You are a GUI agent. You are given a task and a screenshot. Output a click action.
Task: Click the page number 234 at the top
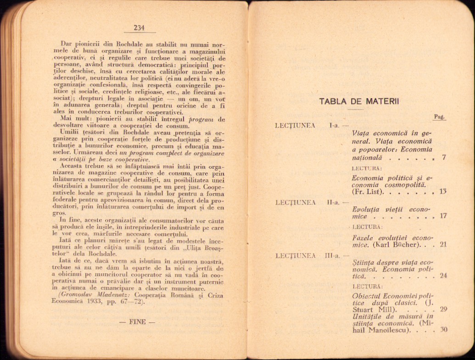click(139, 28)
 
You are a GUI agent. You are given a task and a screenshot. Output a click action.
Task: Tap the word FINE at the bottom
click(137, 321)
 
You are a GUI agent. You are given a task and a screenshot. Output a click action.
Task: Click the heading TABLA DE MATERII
click(359, 101)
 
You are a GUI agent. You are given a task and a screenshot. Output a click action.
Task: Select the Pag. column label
click(439, 117)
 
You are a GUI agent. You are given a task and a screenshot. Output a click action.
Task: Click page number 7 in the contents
click(444, 158)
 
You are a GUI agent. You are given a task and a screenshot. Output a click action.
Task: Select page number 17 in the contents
click(443, 216)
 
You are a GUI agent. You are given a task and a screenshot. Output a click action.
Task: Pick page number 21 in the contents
click(443, 244)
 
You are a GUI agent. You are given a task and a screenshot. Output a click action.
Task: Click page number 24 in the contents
click(443, 276)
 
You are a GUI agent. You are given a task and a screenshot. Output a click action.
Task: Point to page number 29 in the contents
click(443, 310)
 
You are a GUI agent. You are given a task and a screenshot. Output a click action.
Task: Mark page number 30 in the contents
click(443, 330)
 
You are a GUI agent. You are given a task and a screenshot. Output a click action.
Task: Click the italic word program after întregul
click(201, 120)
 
